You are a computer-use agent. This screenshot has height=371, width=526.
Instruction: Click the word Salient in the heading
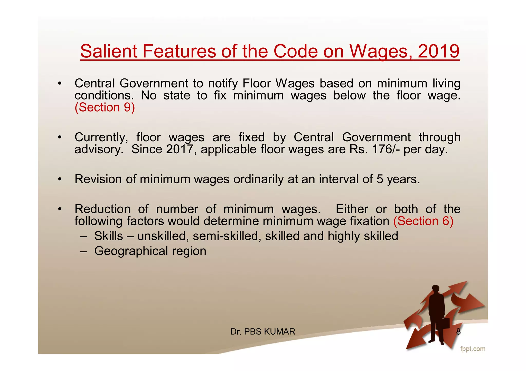coord(109,51)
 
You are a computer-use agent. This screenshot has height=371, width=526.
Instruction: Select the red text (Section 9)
coord(105,107)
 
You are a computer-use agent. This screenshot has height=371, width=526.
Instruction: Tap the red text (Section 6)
coord(423,221)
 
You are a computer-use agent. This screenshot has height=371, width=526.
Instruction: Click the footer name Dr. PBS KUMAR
coord(263,332)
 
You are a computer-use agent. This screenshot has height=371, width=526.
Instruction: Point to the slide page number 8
coord(458,332)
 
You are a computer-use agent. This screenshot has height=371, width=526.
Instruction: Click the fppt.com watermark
coord(473,349)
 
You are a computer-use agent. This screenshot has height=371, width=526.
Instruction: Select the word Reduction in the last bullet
coord(102,209)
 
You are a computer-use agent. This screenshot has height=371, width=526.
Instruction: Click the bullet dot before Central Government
coord(60,84)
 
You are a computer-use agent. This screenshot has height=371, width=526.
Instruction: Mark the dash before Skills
coord(83,236)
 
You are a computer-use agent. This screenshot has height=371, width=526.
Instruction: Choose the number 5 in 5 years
coord(380,179)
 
